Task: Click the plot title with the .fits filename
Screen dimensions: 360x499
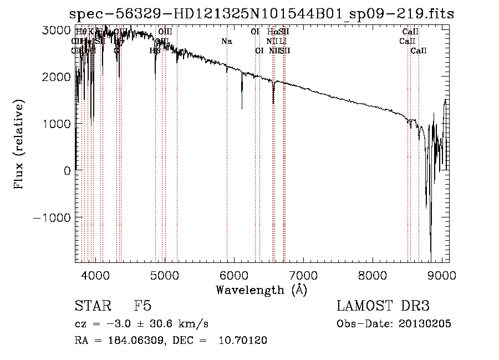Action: (x=262, y=13)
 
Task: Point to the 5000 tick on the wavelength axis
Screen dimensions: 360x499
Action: (x=164, y=275)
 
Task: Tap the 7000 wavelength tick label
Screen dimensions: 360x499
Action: (x=303, y=275)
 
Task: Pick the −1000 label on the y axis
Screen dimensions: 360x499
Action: (x=52, y=217)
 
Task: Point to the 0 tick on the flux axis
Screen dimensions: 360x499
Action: (x=67, y=171)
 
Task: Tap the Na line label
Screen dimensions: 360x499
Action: (x=226, y=41)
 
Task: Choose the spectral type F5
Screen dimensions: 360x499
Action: (x=142, y=307)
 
